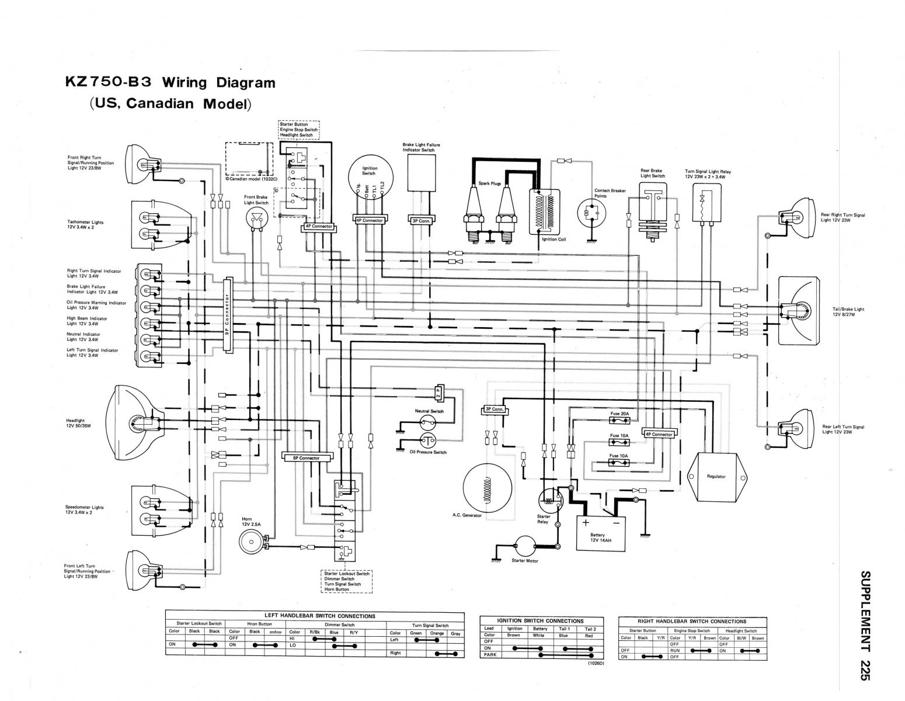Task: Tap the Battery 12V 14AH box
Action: [601, 532]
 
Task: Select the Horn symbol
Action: [252, 542]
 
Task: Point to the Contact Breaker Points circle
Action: [591, 214]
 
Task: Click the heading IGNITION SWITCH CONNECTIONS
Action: [540, 621]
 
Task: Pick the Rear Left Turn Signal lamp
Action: [796, 428]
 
